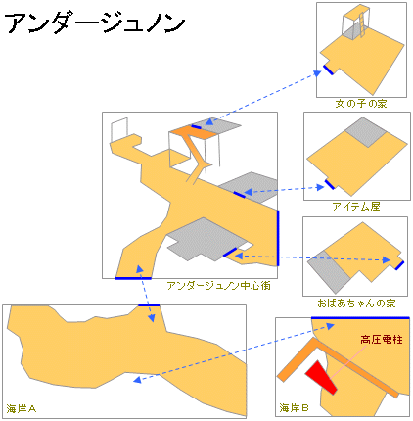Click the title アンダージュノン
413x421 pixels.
95,23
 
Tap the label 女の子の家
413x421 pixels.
361,104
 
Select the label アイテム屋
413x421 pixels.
356,207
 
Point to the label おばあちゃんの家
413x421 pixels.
356,304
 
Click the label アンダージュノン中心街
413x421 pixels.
218,286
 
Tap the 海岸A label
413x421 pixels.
22,408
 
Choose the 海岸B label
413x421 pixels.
294,407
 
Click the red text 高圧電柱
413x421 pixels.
381,340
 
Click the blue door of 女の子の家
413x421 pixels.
328,70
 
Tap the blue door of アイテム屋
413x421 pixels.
330,184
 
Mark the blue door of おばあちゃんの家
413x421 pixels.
399,265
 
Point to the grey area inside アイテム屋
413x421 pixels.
366,132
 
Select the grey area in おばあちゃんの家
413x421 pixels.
330,272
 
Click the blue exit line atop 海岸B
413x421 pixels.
360,317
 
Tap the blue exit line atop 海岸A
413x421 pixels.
149,305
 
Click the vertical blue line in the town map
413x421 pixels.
278,238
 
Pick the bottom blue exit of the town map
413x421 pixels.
133,278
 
